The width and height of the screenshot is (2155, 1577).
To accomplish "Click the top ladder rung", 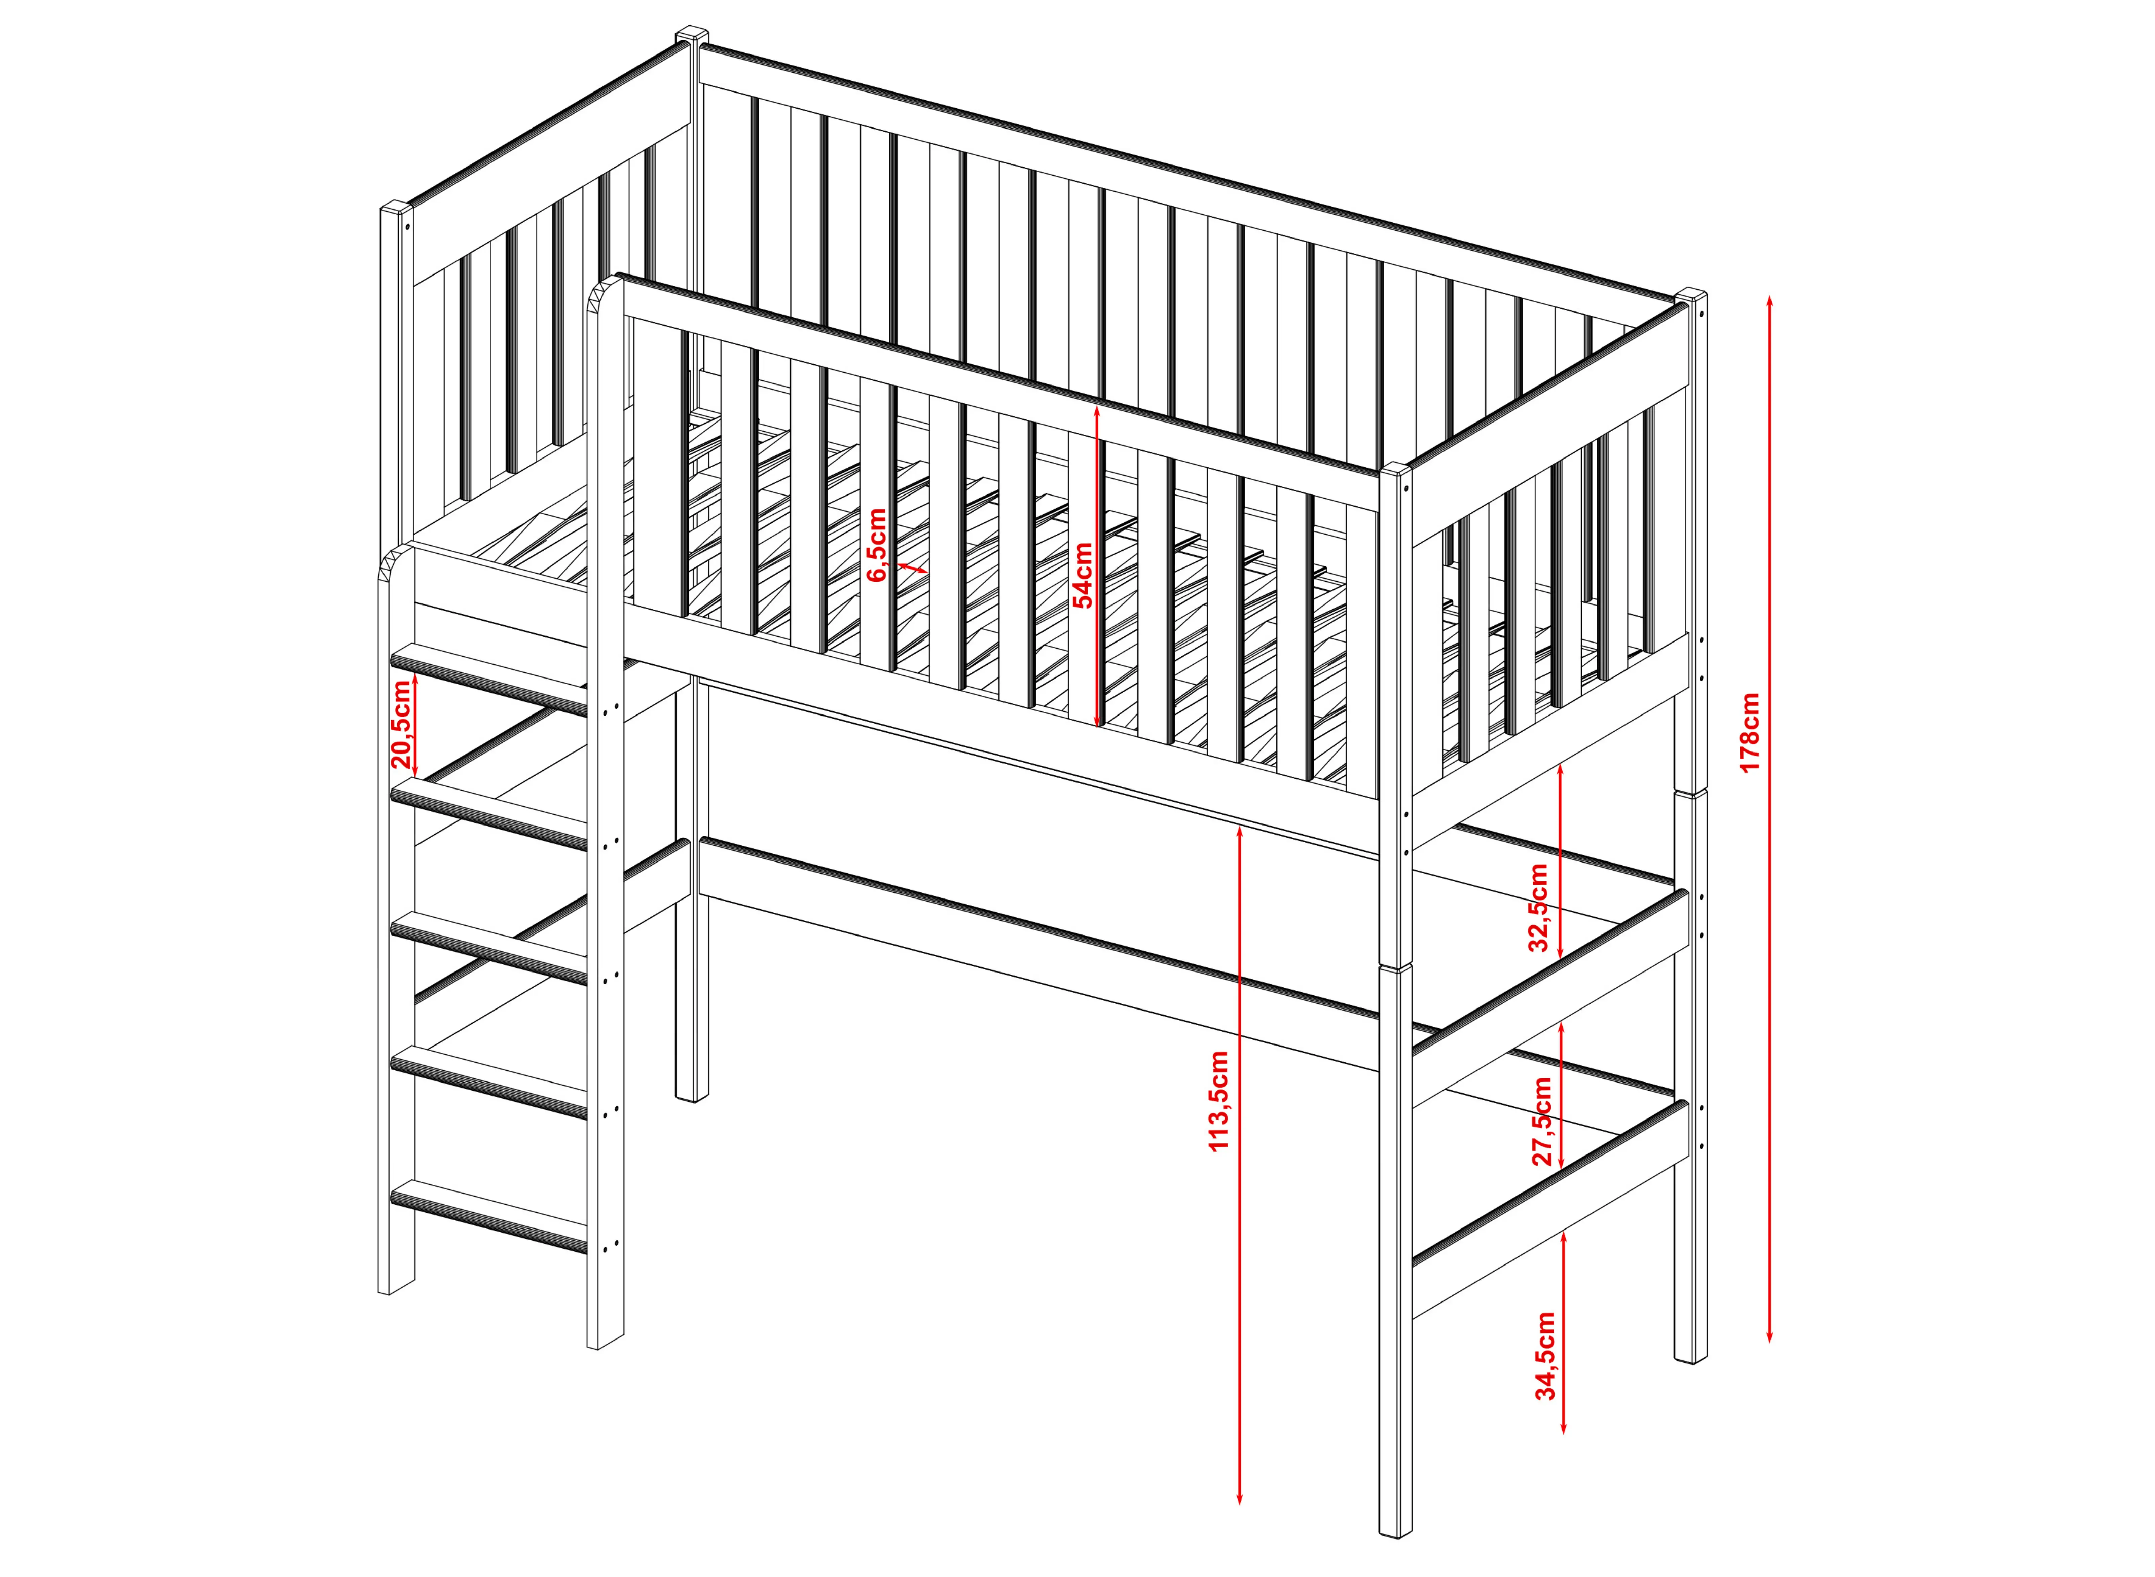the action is coord(489,677).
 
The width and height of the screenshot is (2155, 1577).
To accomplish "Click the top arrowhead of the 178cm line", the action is coord(1770,300).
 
